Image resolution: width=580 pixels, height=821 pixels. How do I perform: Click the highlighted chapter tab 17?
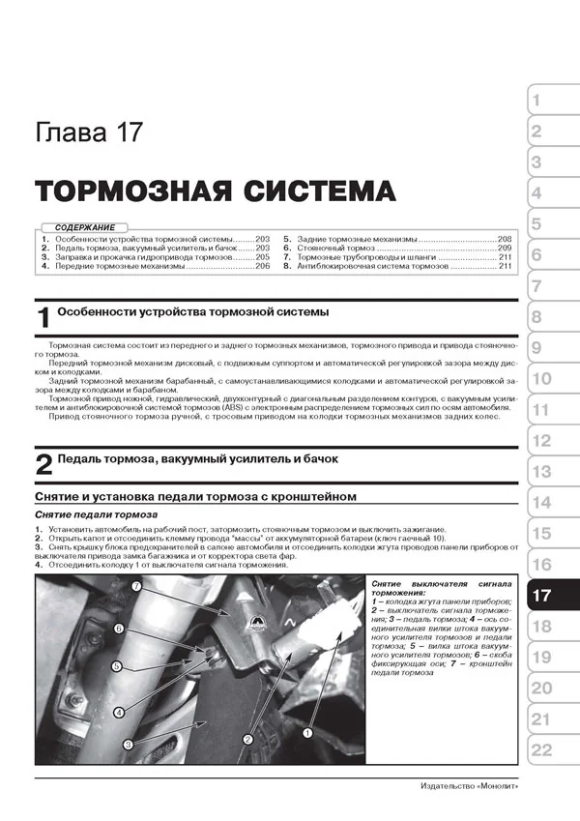[543, 596]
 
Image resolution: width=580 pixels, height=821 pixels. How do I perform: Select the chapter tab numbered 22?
[542, 750]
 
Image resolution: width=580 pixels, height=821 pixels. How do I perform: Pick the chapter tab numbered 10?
[542, 379]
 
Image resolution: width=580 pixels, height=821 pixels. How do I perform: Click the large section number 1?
[43, 320]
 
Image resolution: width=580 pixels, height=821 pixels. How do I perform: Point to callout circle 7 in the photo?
[136, 587]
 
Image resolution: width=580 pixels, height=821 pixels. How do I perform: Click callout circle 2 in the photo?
[247, 739]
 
